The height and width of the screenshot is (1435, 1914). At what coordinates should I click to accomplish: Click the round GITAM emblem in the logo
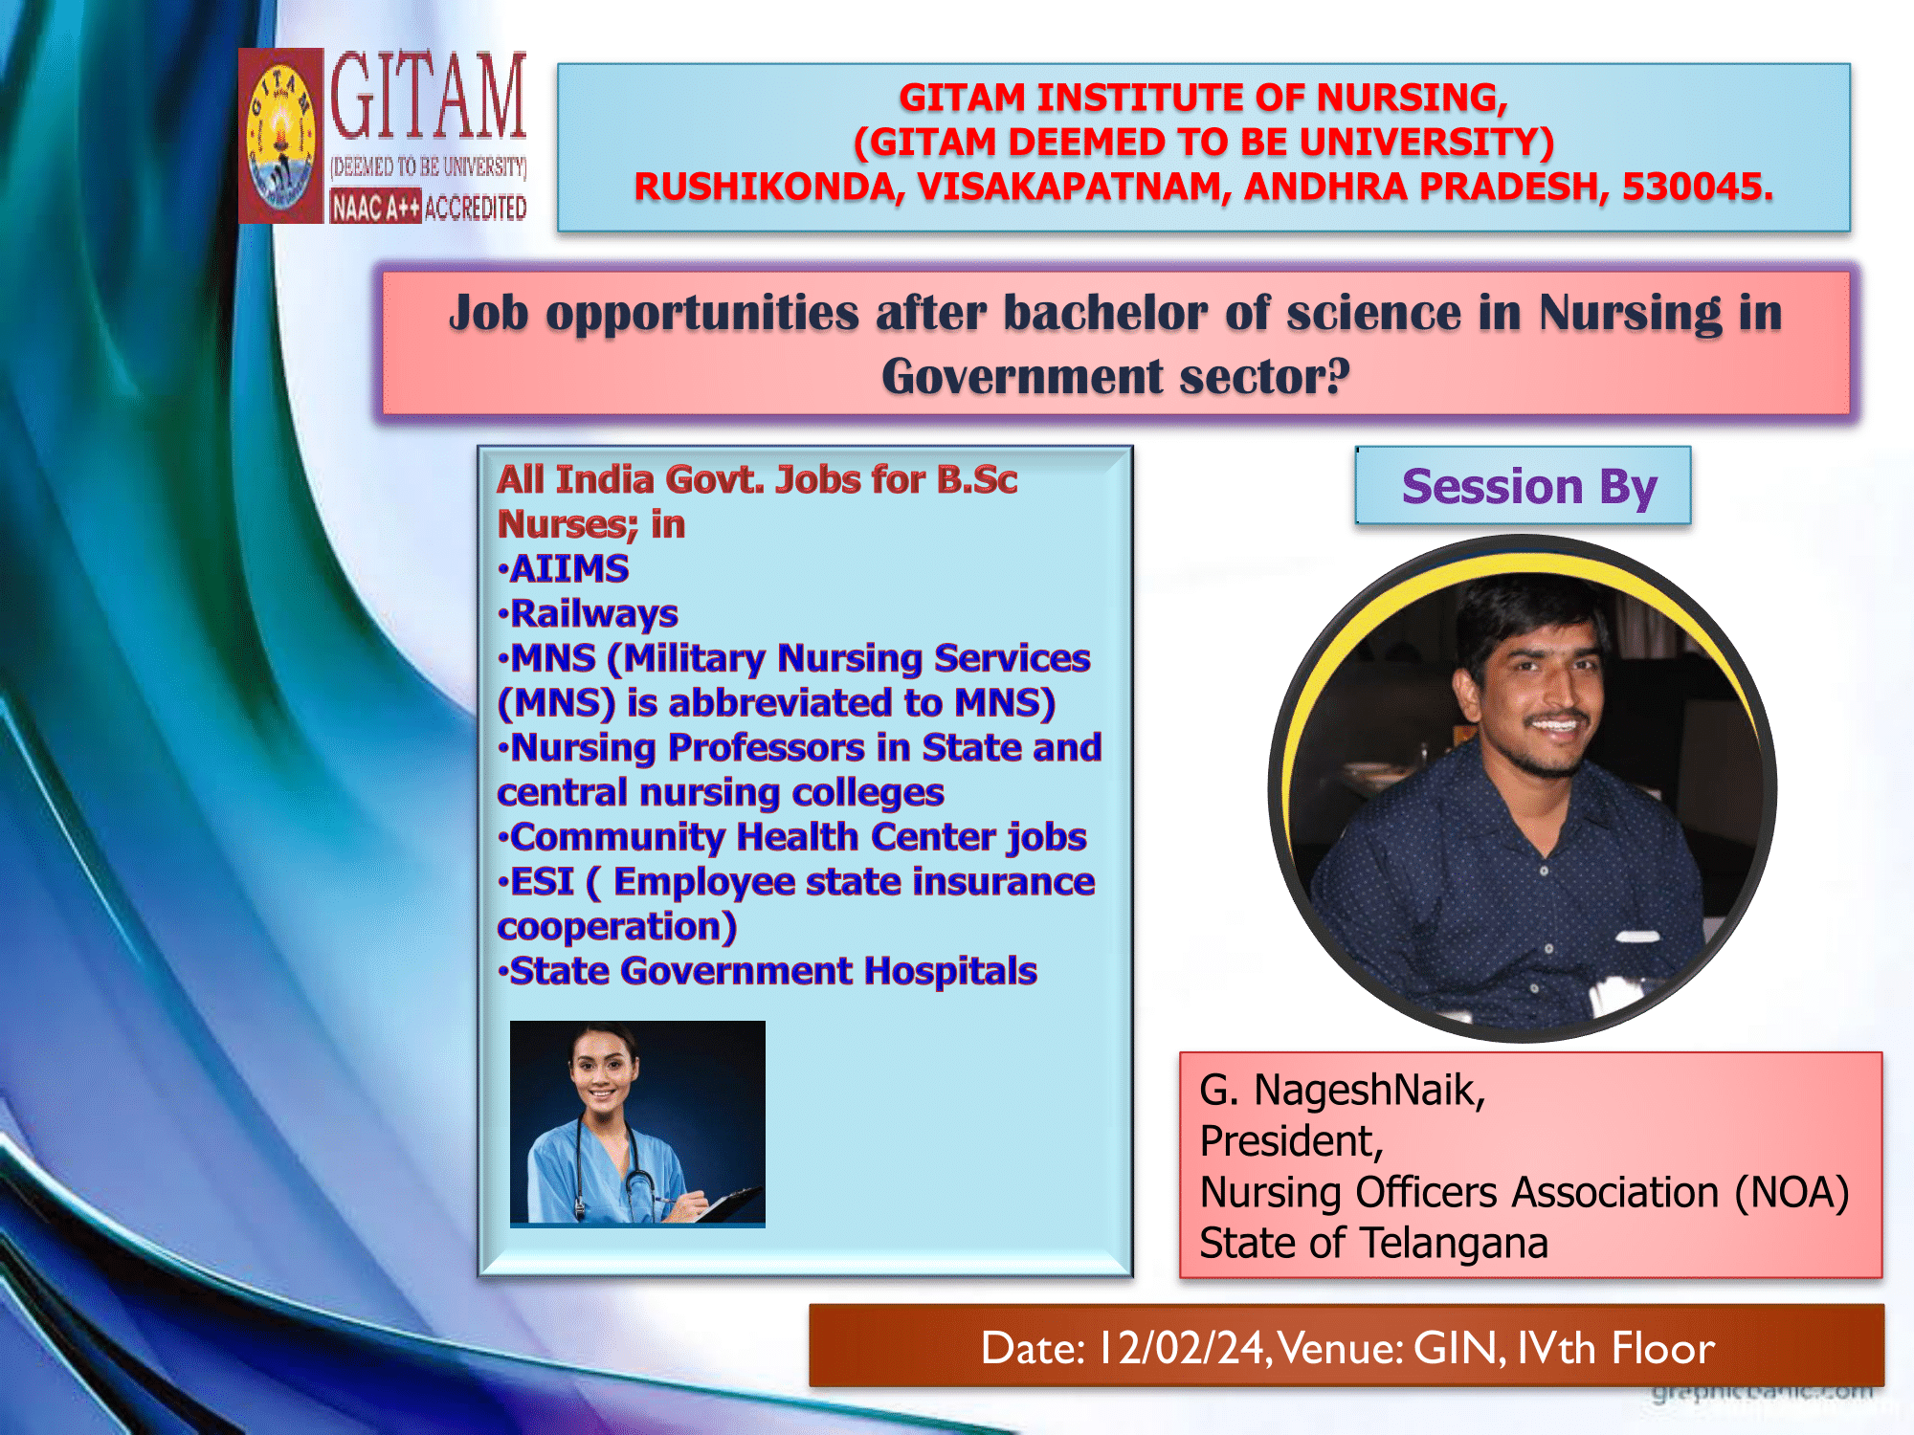(280, 137)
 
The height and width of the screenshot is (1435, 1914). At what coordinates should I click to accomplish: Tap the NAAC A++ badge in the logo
(375, 207)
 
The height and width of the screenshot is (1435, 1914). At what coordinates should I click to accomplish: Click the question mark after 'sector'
(1337, 375)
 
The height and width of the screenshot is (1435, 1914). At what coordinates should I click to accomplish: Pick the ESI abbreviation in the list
(542, 882)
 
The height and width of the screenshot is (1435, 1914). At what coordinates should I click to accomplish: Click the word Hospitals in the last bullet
(950, 971)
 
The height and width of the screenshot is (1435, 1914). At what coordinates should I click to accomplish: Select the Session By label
(1528, 487)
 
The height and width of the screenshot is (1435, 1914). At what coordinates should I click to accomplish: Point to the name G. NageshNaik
(1342, 1091)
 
